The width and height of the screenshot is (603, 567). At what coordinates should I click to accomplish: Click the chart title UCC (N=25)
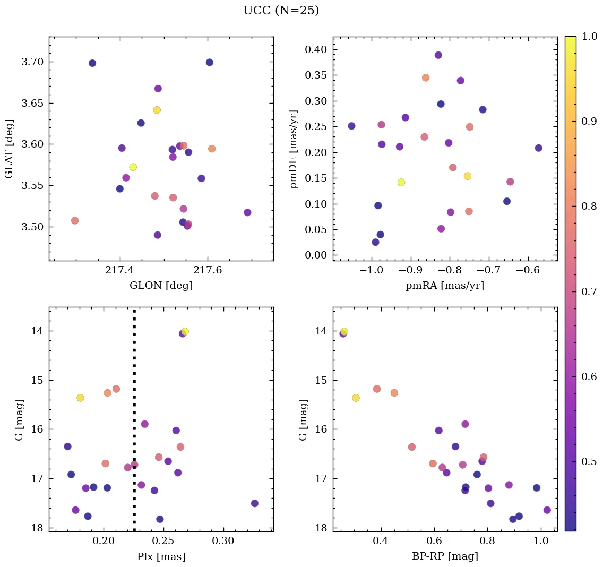(x=281, y=11)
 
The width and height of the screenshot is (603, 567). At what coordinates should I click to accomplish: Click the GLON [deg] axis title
(x=161, y=286)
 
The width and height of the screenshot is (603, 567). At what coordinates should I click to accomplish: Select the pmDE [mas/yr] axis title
(x=294, y=149)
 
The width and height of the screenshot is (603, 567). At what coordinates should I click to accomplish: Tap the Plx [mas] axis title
(x=161, y=556)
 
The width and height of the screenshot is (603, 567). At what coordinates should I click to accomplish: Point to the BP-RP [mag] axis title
(x=445, y=556)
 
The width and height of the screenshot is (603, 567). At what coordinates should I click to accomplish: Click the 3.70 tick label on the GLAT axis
(x=32, y=62)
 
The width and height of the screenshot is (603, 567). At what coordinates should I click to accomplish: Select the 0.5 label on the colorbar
(x=589, y=461)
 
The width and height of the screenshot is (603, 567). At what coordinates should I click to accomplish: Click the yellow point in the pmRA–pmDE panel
(x=401, y=182)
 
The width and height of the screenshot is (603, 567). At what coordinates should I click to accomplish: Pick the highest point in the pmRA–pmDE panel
(x=438, y=55)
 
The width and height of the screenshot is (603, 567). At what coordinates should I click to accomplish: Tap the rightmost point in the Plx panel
(x=255, y=503)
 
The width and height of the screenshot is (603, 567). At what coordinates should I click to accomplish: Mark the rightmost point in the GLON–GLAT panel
(x=247, y=212)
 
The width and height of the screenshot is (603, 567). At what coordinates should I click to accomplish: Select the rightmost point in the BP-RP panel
(x=547, y=510)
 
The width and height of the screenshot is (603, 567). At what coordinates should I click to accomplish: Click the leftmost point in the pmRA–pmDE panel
(x=351, y=126)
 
